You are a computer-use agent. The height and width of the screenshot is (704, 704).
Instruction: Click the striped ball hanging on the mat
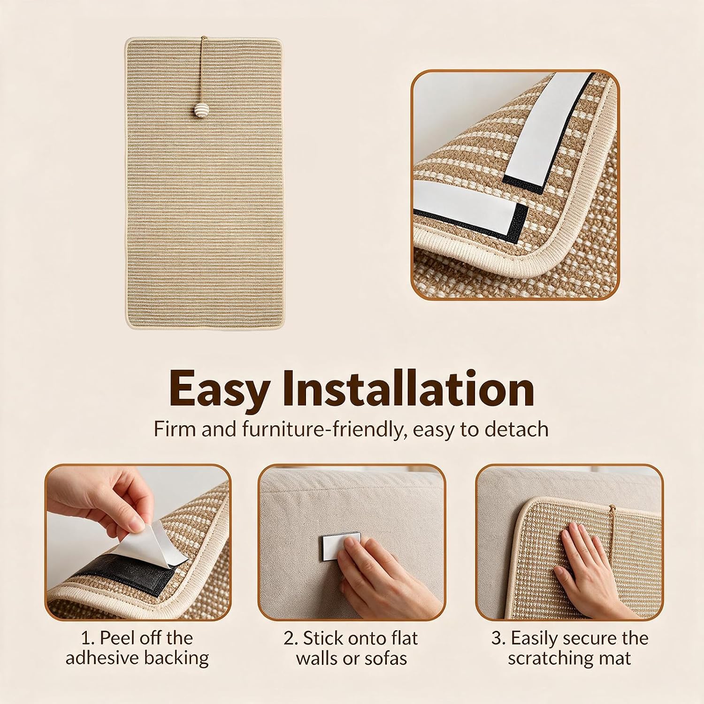click(x=201, y=112)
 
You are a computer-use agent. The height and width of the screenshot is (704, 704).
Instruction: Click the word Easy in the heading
click(x=220, y=390)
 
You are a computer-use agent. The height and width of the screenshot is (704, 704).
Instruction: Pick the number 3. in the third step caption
click(x=498, y=638)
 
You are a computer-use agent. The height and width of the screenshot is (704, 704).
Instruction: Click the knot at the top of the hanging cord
click(x=203, y=38)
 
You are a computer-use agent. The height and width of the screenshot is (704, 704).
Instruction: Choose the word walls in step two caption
click(x=316, y=658)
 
